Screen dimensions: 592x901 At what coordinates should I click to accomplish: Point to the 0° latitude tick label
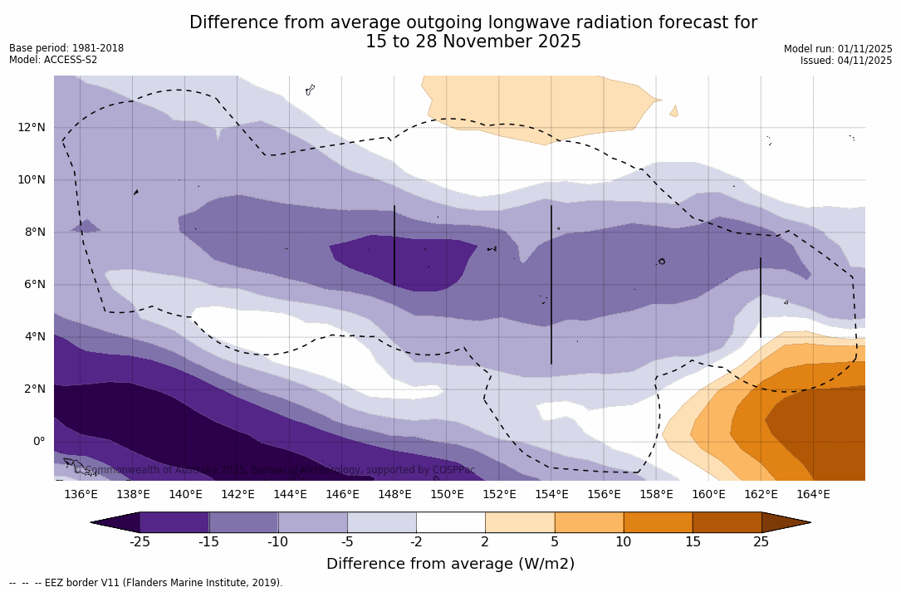point(38,441)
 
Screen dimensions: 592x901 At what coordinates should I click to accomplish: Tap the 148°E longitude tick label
point(394,495)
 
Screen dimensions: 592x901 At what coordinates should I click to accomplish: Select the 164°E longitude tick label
point(813,495)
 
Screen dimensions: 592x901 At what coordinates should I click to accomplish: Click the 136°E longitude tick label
point(81,495)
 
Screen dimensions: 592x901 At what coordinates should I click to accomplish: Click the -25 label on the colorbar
point(140,542)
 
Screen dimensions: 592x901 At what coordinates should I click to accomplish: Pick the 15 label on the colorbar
point(692,542)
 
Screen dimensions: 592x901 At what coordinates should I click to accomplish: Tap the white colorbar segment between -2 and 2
point(450,522)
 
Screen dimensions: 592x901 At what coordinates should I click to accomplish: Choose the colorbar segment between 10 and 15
point(658,522)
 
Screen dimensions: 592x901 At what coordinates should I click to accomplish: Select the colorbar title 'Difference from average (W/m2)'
point(450,564)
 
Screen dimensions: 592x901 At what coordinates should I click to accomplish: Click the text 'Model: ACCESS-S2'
point(53,60)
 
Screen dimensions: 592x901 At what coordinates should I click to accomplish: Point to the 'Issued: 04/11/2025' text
point(845,61)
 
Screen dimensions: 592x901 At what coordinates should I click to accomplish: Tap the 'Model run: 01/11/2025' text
point(837,49)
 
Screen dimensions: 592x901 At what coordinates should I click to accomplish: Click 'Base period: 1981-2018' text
point(66,48)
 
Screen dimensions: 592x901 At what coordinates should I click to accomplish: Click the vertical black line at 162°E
point(760,297)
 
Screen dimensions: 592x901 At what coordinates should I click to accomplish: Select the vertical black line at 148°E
point(394,245)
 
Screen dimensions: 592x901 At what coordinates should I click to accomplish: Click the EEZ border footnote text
point(145,583)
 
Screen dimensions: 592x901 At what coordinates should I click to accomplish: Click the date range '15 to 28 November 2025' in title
point(473,42)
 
